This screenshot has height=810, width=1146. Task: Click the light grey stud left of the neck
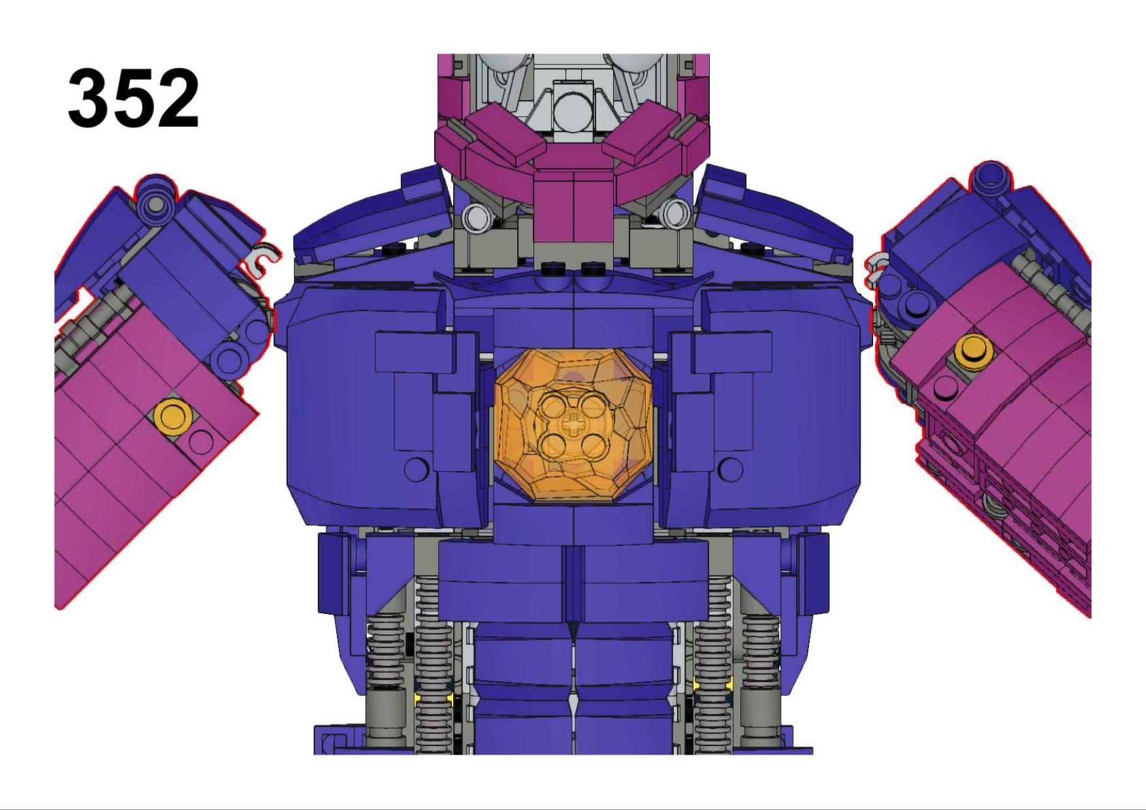coord(476,216)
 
